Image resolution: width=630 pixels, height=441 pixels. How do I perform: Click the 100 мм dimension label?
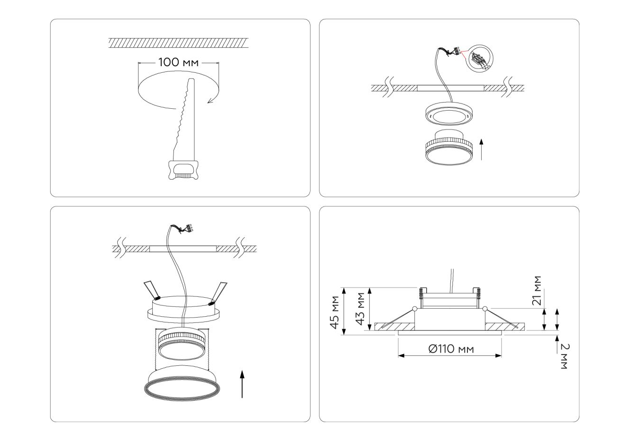pyautogui.click(x=179, y=62)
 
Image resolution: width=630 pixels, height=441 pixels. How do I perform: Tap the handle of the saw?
pyautogui.click(x=183, y=170)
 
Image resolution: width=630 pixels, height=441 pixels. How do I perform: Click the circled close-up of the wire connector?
pyautogui.click(x=479, y=59)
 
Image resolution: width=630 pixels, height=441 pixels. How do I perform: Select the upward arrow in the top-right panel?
pyautogui.click(x=481, y=149)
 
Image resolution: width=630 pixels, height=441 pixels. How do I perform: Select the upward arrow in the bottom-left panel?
pyautogui.click(x=242, y=384)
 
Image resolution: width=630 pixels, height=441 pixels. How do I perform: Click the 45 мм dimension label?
pyautogui.click(x=335, y=312)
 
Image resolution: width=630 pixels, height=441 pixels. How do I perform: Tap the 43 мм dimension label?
pyautogui.click(x=360, y=309)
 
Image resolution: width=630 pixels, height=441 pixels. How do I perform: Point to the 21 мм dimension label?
pyautogui.click(x=537, y=291)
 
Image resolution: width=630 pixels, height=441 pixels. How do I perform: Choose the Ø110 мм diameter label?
pyautogui.click(x=451, y=349)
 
